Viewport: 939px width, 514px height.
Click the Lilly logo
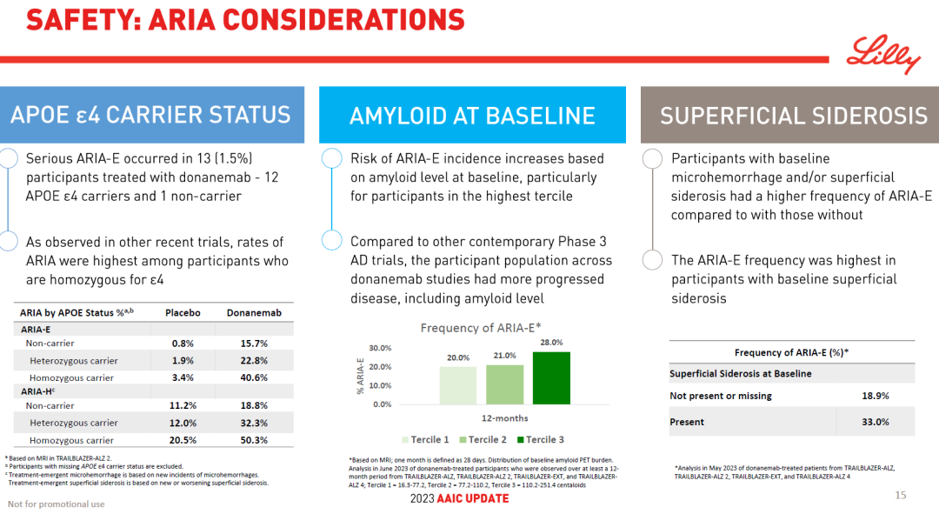(883, 54)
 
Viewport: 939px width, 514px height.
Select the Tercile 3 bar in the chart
(551, 378)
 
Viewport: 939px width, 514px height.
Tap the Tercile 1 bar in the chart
(457, 385)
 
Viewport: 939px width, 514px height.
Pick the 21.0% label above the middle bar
(504, 356)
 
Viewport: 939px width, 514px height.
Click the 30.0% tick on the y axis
(380, 348)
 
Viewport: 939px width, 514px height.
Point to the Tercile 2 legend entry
(483, 439)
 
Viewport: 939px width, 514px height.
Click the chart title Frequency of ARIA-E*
(487, 328)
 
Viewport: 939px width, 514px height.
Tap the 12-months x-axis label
(505, 418)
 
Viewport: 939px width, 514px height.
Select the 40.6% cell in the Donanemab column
(254, 377)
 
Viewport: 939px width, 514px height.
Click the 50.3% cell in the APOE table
(254, 440)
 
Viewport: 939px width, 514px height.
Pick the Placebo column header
(183, 313)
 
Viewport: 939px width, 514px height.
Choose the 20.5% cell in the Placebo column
(183, 440)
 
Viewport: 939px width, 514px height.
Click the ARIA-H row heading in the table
(38, 391)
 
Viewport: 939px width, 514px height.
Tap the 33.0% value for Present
(875, 422)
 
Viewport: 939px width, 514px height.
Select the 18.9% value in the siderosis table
(875, 396)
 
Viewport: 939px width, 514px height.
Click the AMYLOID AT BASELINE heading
(472, 116)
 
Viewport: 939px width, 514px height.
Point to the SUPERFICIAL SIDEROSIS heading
(794, 116)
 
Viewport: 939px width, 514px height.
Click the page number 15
(901, 495)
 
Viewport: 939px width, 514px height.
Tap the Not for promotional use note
(56, 504)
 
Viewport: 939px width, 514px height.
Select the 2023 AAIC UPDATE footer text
(459, 498)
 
